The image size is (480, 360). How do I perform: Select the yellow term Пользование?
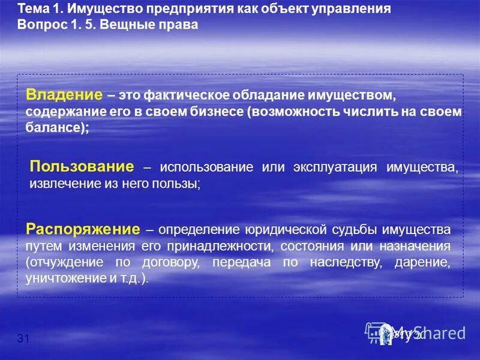(82, 166)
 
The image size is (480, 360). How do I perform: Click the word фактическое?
(188, 96)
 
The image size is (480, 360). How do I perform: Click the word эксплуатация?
(331, 167)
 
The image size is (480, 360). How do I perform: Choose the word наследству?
(341, 263)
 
